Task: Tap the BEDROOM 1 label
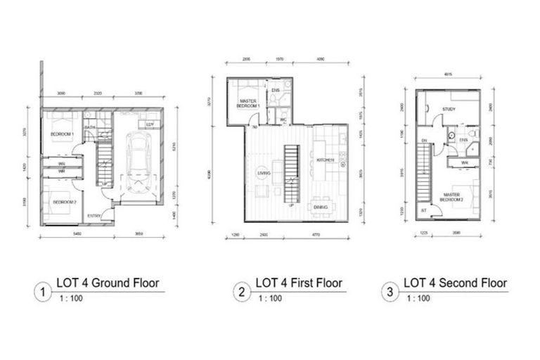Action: point(63,133)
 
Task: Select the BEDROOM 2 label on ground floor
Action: point(64,202)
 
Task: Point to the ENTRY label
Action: point(93,215)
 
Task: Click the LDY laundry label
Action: point(150,124)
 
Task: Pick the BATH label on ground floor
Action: point(90,127)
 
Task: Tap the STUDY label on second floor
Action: point(450,109)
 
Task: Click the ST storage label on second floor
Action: point(423,210)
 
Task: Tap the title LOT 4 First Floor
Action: point(298,283)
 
